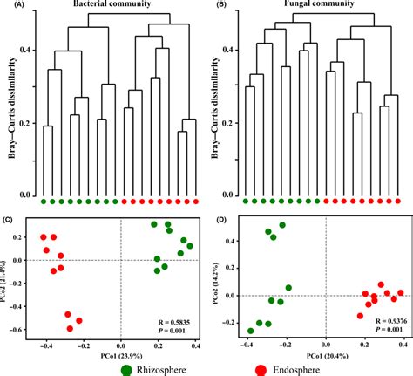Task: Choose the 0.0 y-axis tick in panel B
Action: pyautogui.click(x=232, y=195)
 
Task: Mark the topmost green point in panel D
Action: pyautogui.click(x=281, y=225)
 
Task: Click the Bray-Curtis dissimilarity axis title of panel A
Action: pyautogui.click(x=10, y=109)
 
